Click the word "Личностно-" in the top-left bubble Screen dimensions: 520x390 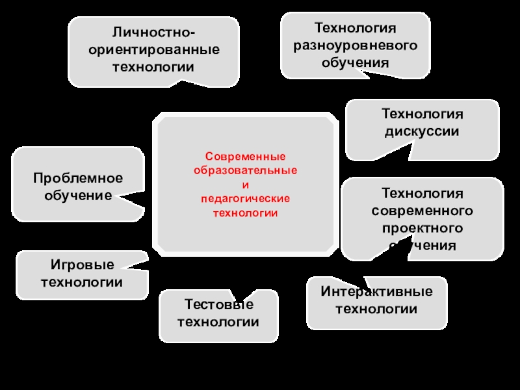(x=154, y=33)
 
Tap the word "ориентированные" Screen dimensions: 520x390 (x=154, y=50)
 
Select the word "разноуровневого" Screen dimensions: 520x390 (x=355, y=46)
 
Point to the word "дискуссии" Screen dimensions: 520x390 (x=422, y=131)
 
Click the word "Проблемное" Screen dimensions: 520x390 (x=78, y=178)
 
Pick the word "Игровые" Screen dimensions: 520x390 (x=82, y=265)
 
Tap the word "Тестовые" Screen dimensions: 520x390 (x=218, y=305)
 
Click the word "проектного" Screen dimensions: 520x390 (x=422, y=228)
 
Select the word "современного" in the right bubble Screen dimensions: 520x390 (x=422, y=211)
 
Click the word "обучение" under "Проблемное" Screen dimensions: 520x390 (x=78, y=195)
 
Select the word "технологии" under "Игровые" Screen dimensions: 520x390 (x=82, y=282)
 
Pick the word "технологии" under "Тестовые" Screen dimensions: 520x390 (x=218, y=322)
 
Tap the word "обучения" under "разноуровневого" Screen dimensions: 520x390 (x=355, y=63)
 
